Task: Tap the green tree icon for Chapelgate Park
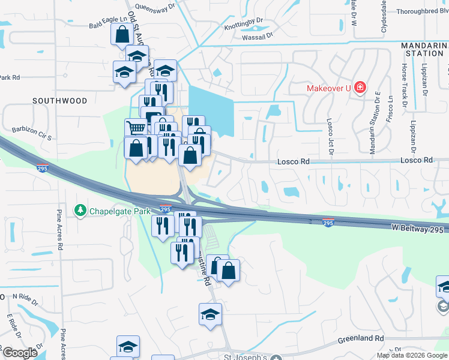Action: tap(80, 211)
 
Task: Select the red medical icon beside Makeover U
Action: tap(360, 88)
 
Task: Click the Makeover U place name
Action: tap(328, 88)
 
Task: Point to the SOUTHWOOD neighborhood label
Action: tap(60, 101)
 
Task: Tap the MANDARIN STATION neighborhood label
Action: tap(425, 49)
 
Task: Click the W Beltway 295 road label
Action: tap(418, 230)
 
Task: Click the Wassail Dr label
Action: tap(257, 36)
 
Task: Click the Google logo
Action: tap(20, 353)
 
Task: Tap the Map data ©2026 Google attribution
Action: tap(412, 355)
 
